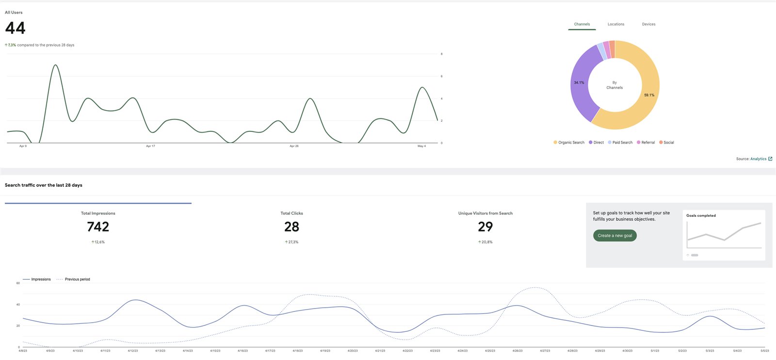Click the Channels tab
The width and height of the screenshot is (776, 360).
(x=582, y=24)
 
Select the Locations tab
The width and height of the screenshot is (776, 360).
(x=616, y=24)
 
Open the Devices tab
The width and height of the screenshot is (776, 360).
(x=648, y=24)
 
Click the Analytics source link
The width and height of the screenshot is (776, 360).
(x=759, y=159)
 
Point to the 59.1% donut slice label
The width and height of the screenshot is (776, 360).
(x=649, y=95)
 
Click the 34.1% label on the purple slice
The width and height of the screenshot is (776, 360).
(x=579, y=83)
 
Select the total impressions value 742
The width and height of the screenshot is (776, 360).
(x=98, y=227)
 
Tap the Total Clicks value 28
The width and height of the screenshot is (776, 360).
(x=291, y=227)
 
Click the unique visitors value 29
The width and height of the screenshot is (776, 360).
(x=485, y=227)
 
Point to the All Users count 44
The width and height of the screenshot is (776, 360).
(x=16, y=28)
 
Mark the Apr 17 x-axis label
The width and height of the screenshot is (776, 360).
(x=150, y=146)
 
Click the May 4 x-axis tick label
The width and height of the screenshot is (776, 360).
(x=421, y=146)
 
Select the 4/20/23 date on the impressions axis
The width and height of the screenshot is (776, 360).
(x=353, y=351)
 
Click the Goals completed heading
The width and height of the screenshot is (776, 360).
(x=701, y=215)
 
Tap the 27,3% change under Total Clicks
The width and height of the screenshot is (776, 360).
(x=293, y=242)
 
